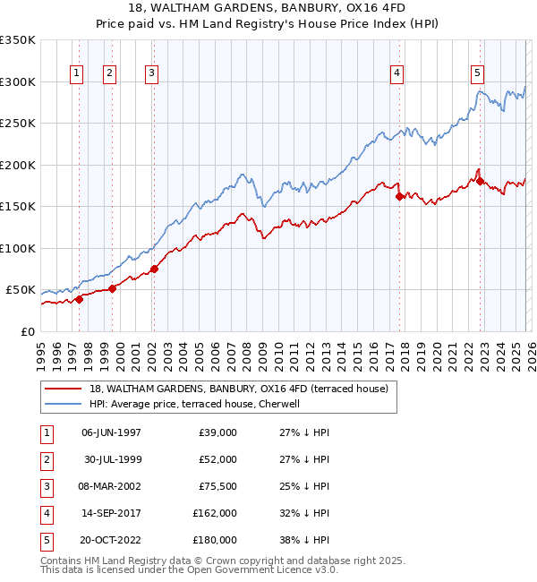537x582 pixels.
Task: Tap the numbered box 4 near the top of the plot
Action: point(396,73)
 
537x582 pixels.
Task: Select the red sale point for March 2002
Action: point(154,268)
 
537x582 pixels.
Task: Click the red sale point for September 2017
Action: point(399,196)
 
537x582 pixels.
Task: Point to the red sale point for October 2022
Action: point(481,181)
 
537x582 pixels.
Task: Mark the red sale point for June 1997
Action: point(79,299)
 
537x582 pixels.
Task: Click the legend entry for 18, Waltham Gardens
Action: point(238,389)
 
